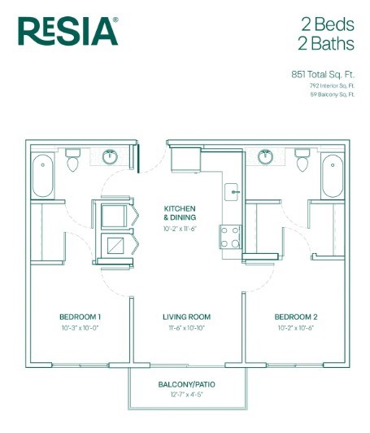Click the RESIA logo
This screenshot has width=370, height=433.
pyautogui.click(x=67, y=32)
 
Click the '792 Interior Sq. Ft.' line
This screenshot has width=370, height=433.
pyautogui.click(x=332, y=85)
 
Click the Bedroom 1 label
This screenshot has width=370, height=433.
pyautogui.click(x=80, y=317)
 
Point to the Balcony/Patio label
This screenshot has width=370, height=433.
pyautogui.click(x=187, y=384)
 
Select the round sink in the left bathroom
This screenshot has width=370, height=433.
pyautogui.click(x=110, y=157)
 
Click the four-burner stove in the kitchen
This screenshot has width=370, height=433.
pyautogui.click(x=230, y=236)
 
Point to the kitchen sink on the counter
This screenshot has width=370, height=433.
pyautogui.click(x=231, y=193)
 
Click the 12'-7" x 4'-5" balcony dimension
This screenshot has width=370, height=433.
pyautogui.click(x=187, y=396)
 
